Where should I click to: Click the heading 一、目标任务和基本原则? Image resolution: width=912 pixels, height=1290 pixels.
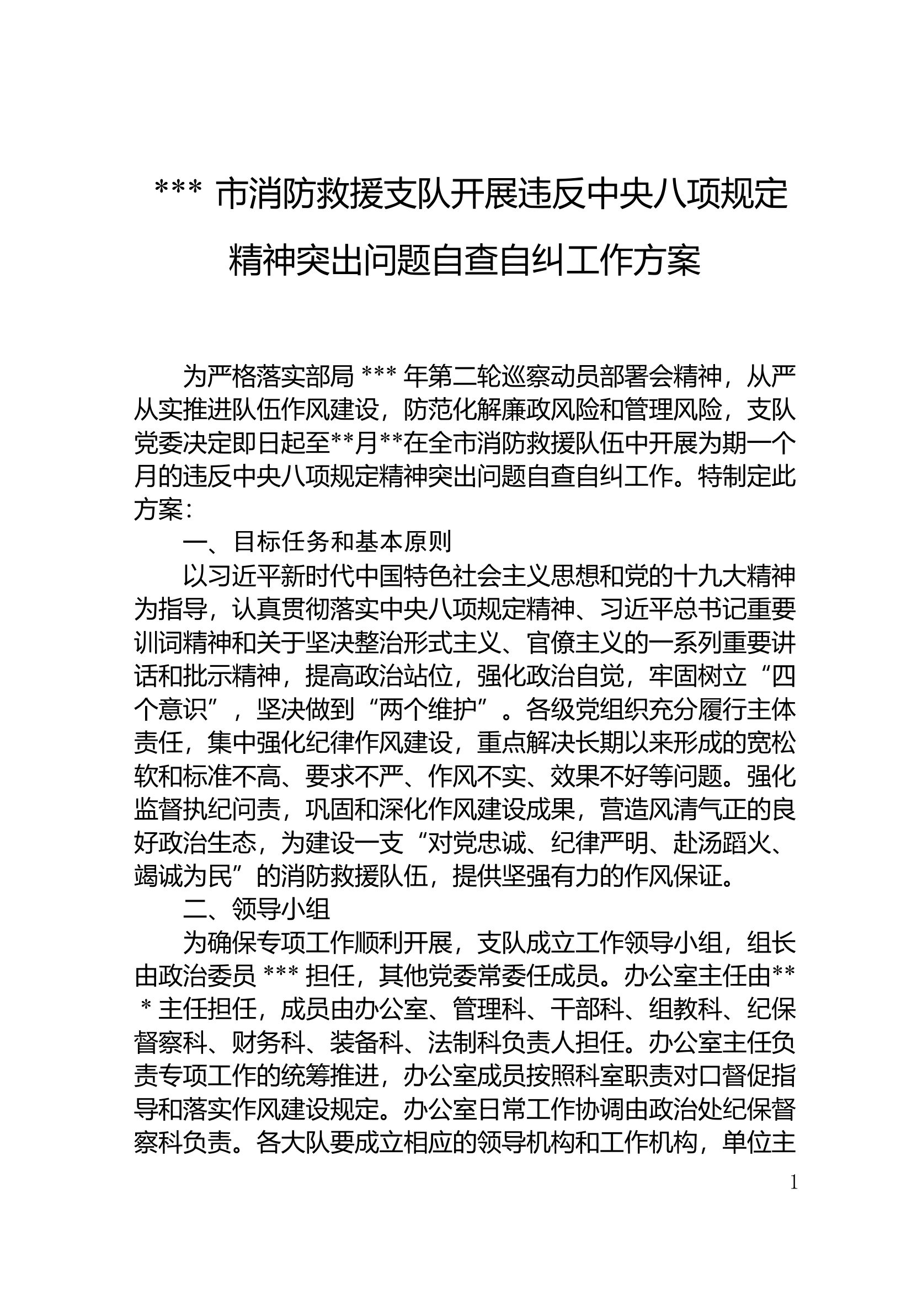(x=317, y=542)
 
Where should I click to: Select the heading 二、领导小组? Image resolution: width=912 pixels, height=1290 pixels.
(x=256, y=908)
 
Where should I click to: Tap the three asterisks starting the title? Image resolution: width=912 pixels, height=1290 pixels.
(x=178, y=195)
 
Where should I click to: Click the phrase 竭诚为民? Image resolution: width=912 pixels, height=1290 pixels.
(x=183, y=876)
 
